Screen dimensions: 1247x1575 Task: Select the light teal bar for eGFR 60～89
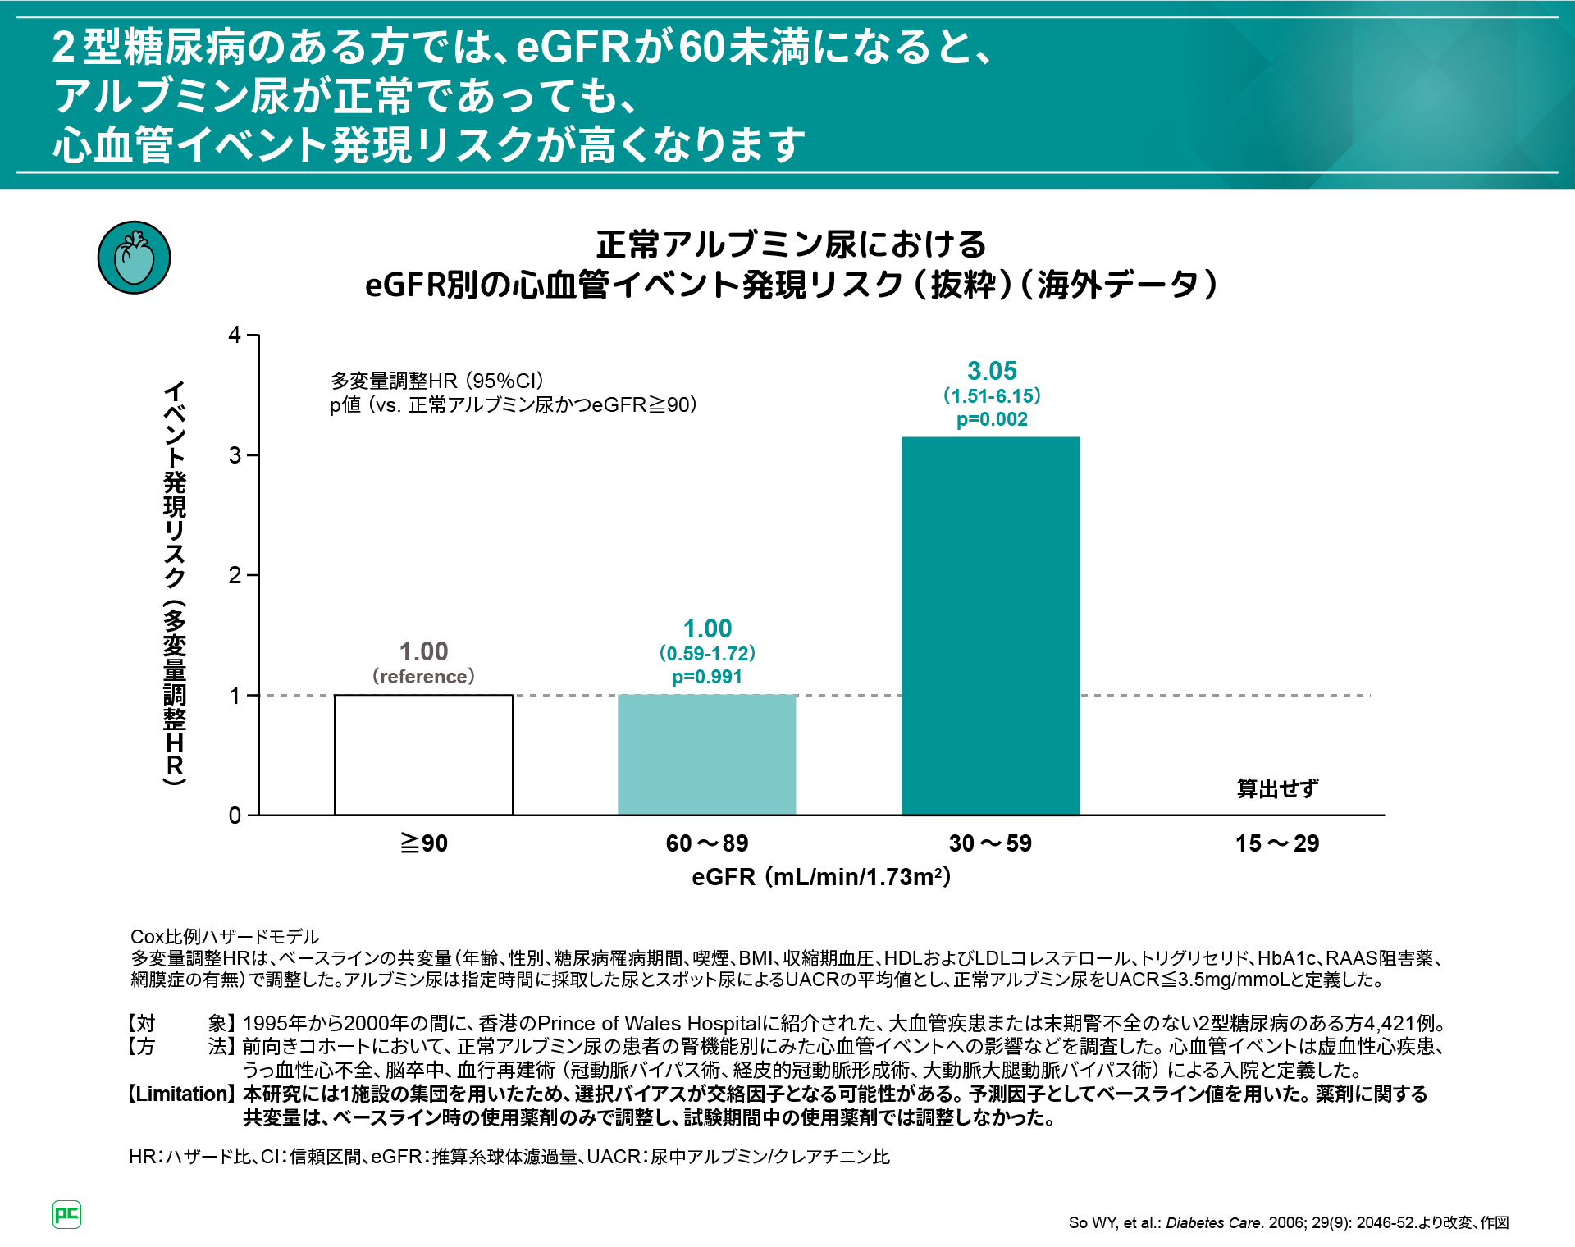[x=706, y=754]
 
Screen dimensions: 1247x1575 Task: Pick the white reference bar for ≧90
[x=423, y=754]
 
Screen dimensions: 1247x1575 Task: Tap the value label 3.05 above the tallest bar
[x=992, y=371]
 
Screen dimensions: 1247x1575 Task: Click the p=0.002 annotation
[x=992, y=419]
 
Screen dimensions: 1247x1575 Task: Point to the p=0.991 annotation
[x=706, y=677]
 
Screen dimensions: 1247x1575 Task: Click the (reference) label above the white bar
[x=423, y=676]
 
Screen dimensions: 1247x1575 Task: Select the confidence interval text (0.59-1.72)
[x=706, y=653]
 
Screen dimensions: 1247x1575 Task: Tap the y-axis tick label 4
[x=235, y=335]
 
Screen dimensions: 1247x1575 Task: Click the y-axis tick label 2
[x=235, y=575]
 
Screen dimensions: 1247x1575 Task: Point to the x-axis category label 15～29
[x=1276, y=843]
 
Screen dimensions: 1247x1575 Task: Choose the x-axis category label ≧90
[x=423, y=843]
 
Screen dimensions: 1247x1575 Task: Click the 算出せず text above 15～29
[x=1276, y=788]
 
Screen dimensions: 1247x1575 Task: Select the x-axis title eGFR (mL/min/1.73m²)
[x=820, y=877]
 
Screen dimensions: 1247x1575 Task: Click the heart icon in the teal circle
[x=134, y=258]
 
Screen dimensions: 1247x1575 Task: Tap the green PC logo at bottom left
[x=66, y=1214]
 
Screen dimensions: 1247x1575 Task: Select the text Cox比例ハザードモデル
[x=225, y=936]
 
